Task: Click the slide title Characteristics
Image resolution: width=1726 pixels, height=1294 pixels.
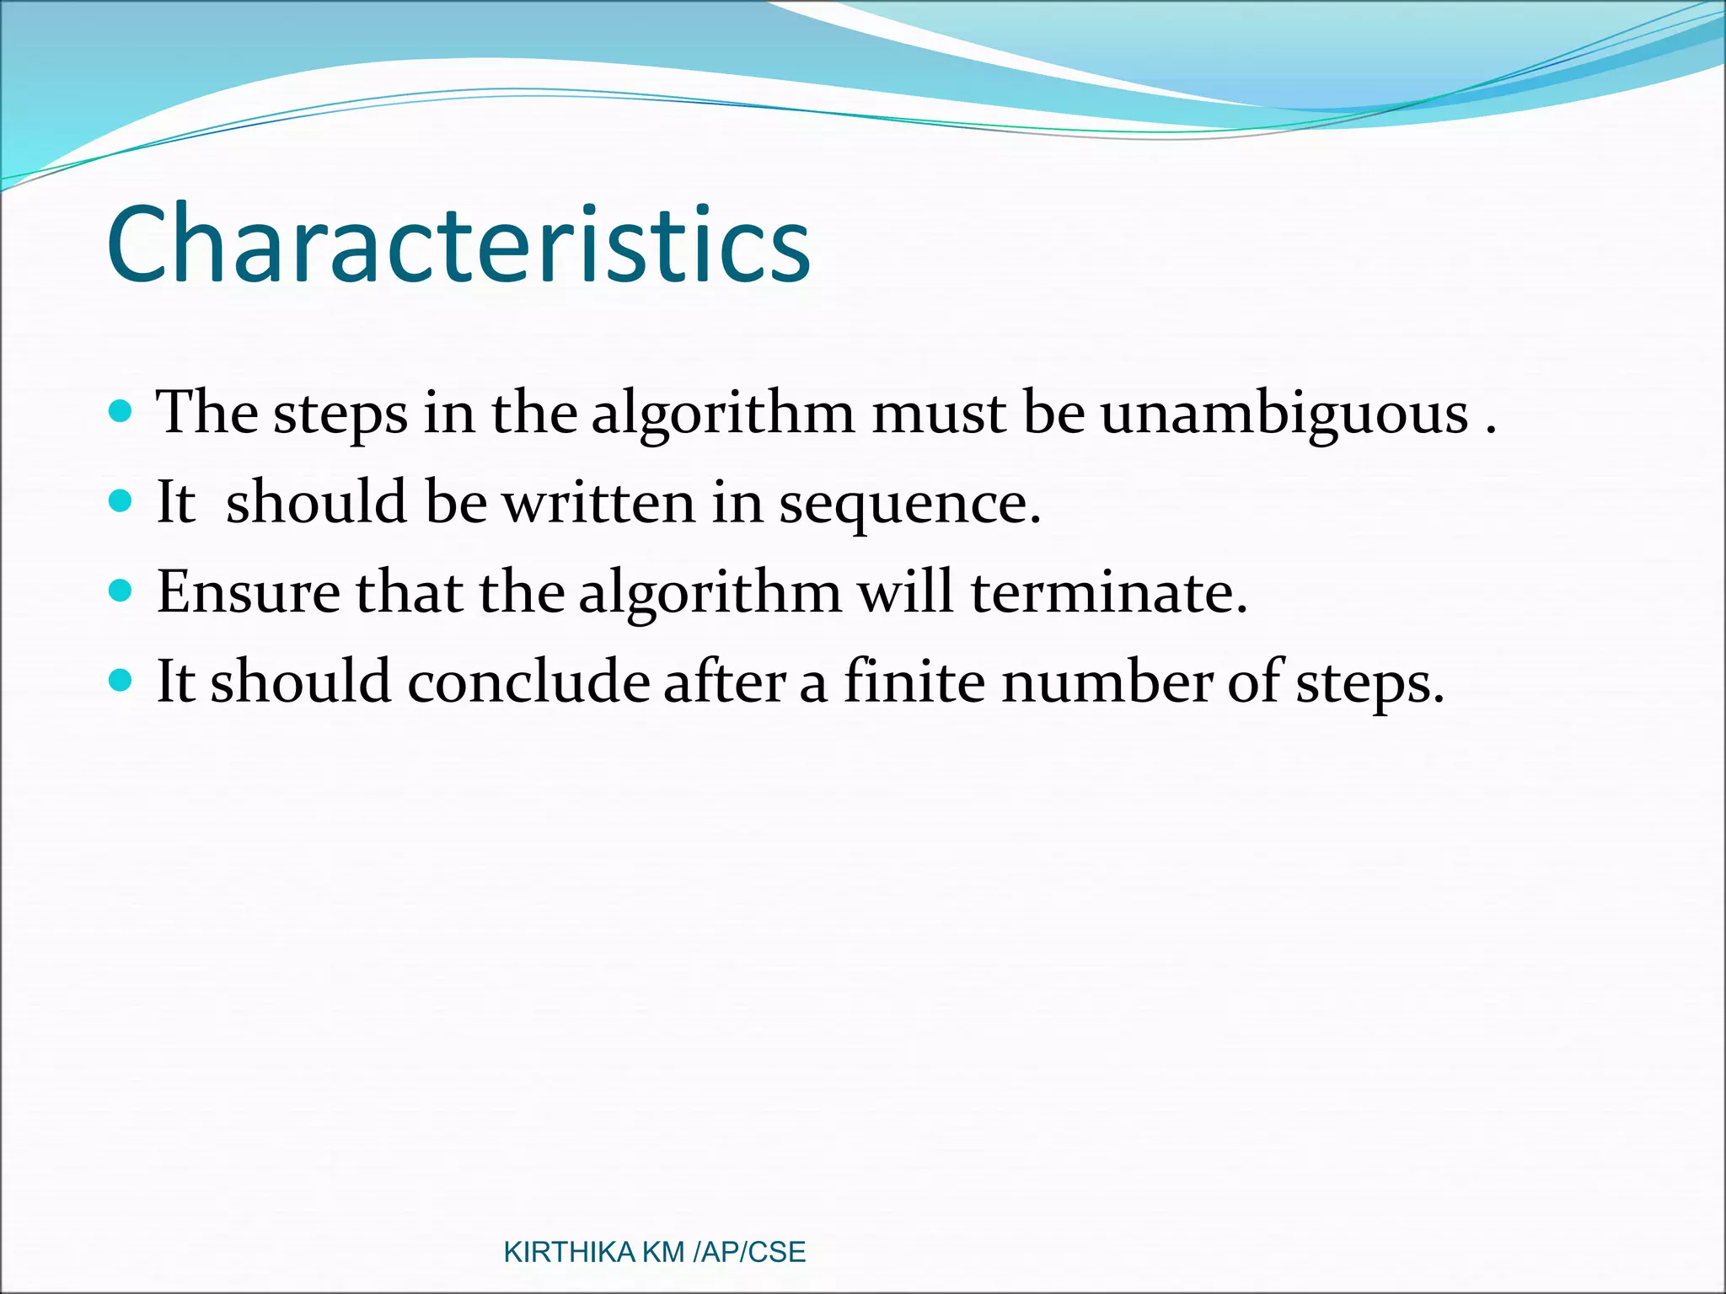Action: point(458,244)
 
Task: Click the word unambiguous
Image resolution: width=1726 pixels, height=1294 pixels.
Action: point(1284,414)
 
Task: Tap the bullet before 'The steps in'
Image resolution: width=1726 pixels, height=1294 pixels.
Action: point(121,411)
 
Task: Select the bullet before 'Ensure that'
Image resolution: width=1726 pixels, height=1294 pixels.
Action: point(121,591)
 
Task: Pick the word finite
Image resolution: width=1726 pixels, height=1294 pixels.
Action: point(914,681)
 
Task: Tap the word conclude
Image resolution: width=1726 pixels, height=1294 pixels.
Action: point(528,681)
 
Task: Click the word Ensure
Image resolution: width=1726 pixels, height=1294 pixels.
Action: point(248,592)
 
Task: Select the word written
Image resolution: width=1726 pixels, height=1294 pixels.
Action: point(599,502)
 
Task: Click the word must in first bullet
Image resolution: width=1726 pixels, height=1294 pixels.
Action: point(938,414)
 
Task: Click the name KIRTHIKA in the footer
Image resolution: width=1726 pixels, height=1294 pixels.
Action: point(569,1252)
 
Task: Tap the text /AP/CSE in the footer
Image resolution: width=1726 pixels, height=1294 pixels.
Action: point(748,1252)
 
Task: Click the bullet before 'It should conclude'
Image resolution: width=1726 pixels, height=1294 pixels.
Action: point(121,680)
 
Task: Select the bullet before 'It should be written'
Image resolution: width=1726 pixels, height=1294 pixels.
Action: point(121,501)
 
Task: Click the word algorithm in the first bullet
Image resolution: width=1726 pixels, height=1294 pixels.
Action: point(723,414)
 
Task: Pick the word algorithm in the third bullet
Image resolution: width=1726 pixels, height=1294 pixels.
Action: point(710,592)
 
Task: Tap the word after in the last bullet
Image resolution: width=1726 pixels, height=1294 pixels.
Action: point(724,681)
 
